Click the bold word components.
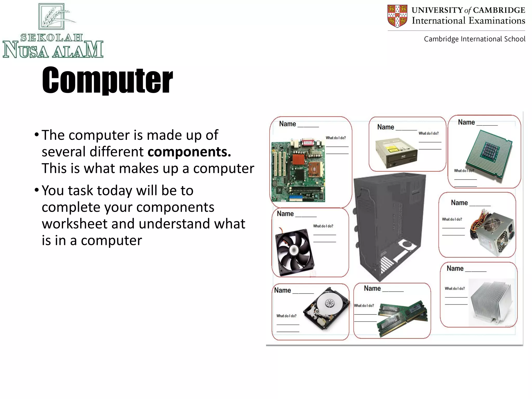coord(189,152)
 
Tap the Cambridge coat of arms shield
coord(397,16)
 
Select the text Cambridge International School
coord(475,39)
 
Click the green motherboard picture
coord(298,170)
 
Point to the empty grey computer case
coord(390,226)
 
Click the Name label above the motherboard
coord(288,124)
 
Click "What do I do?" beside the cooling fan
coord(323,226)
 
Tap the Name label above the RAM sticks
coord(372,288)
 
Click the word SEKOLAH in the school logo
coord(52,38)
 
